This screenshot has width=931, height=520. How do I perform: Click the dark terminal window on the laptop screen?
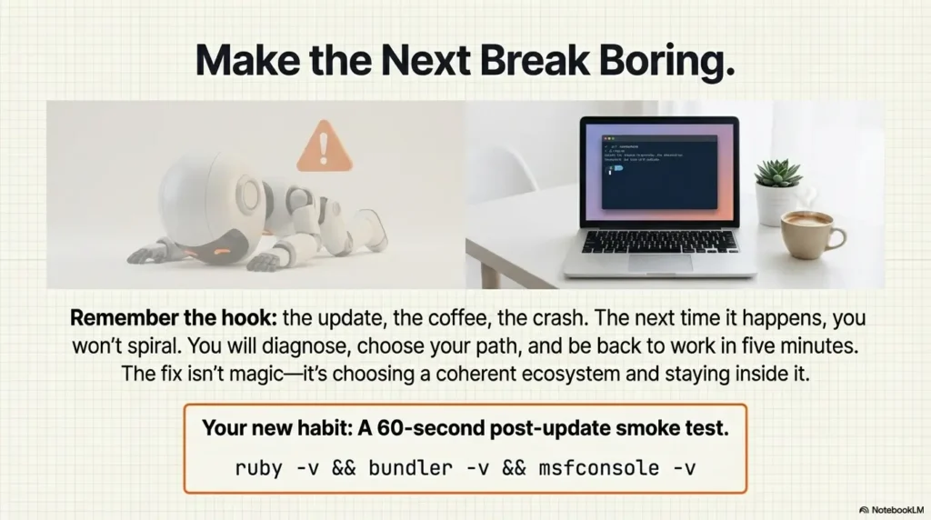tap(659, 169)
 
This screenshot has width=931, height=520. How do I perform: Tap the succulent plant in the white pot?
tap(778, 175)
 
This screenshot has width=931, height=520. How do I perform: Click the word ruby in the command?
tap(258, 469)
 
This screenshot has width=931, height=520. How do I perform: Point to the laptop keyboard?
tap(660, 241)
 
